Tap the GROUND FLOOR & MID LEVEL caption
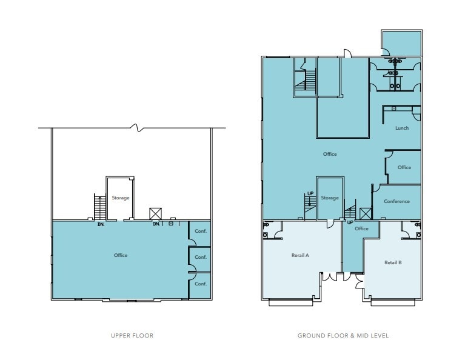click(x=343, y=335)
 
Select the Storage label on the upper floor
click(x=120, y=198)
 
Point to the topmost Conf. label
click(x=201, y=232)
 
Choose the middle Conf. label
click(x=201, y=257)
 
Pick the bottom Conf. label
click(x=201, y=283)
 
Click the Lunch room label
click(x=402, y=128)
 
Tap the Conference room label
click(x=397, y=201)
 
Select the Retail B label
click(x=393, y=262)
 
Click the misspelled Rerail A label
click(x=301, y=255)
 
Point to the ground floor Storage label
click(x=330, y=198)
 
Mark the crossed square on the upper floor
click(x=156, y=213)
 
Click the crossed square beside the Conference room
click(x=364, y=213)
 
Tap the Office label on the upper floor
click(x=121, y=255)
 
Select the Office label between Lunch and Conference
click(x=404, y=167)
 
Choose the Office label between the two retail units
click(x=361, y=228)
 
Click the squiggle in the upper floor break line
click(x=139, y=128)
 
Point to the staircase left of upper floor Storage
click(x=99, y=207)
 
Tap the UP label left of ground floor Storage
click(x=310, y=194)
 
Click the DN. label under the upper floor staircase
click(x=101, y=224)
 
